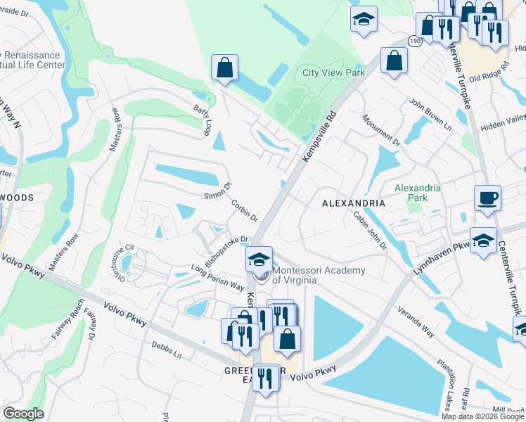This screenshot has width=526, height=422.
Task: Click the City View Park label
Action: pyautogui.click(x=333, y=72)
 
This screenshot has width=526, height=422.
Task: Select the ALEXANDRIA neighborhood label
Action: pyautogui.click(x=354, y=203)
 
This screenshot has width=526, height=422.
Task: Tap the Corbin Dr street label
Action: pyautogui.click(x=244, y=211)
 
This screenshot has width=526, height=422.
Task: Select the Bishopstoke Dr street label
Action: pyautogui.click(x=227, y=251)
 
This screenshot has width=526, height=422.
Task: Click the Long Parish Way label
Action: pyautogui.click(x=218, y=278)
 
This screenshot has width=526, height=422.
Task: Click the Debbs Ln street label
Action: pyautogui.click(x=167, y=350)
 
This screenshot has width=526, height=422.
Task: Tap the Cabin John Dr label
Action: pyautogui.click(x=370, y=230)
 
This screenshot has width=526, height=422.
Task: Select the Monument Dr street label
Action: pyautogui.click(x=382, y=131)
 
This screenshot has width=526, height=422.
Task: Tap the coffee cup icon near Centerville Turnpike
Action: pyautogui.click(x=487, y=197)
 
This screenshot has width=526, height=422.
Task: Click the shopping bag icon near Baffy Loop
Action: pyautogui.click(x=224, y=69)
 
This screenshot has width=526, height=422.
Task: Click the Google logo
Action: pyautogui.click(x=23, y=414)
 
